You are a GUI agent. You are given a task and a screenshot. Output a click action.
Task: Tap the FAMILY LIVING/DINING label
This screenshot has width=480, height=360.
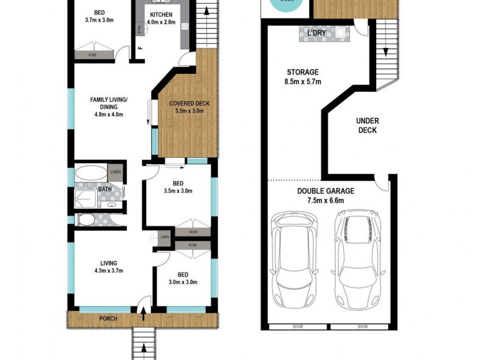pos(109,103)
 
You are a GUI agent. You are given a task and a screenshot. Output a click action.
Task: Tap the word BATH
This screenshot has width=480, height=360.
pos(105,190)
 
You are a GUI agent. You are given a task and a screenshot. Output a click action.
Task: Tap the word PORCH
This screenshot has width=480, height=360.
pos(107,318)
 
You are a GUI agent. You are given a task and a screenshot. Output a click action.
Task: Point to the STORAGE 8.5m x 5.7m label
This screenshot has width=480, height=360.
pos(302,76)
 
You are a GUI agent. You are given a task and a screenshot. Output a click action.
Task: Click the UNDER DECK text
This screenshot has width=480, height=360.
pos(368,125)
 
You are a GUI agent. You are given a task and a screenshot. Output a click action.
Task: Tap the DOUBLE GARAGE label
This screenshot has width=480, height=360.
pos(326,196)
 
